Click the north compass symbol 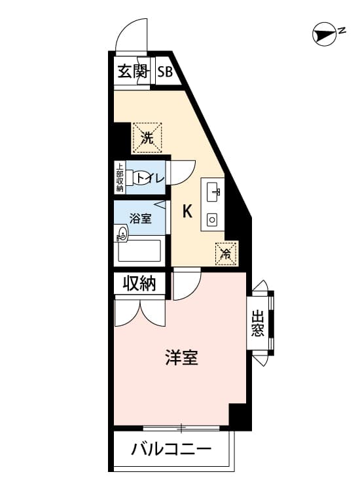click(x=325, y=35)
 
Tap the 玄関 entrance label click(x=132, y=72)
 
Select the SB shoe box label click(x=165, y=72)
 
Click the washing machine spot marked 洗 click(x=147, y=137)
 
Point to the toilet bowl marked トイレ click(x=139, y=179)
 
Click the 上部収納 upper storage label click(x=120, y=177)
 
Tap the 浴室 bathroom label click(x=141, y=218)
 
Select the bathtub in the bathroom click(x=139, y=251)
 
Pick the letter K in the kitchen click(x=187, y=211)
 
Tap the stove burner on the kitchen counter click(x=212, y=220)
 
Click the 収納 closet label click(x=139, y=283)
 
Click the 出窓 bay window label click(x=258, y=323)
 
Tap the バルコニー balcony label click(x=171, y=450)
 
